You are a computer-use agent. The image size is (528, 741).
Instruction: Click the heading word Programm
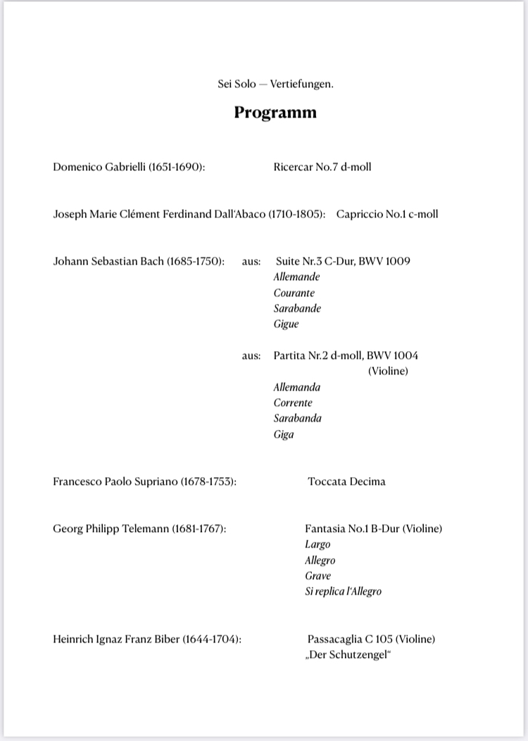coord(275,113)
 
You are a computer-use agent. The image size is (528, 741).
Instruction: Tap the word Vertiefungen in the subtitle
coord(301,84)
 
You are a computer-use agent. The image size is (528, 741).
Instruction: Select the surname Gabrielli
coord(122,167)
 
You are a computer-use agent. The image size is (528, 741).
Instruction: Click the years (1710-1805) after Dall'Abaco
coord(296,214)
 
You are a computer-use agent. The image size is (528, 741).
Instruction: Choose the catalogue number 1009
coord(396,261)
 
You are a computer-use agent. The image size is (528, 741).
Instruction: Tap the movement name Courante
coord(294,293)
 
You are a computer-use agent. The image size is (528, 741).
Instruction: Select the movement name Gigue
coord(286,324)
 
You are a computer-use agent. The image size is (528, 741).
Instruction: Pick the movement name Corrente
coord(293,403)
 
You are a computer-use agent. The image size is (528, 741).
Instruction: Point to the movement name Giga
coord(284,435)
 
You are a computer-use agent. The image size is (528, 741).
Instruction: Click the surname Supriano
coord(156,482)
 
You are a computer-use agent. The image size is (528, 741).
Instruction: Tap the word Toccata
coord(327,482)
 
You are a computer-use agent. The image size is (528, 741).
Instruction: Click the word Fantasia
coord(325,528)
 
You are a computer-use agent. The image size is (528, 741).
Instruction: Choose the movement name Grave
coord(318,576)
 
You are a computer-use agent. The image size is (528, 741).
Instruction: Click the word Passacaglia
coord(334,640)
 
